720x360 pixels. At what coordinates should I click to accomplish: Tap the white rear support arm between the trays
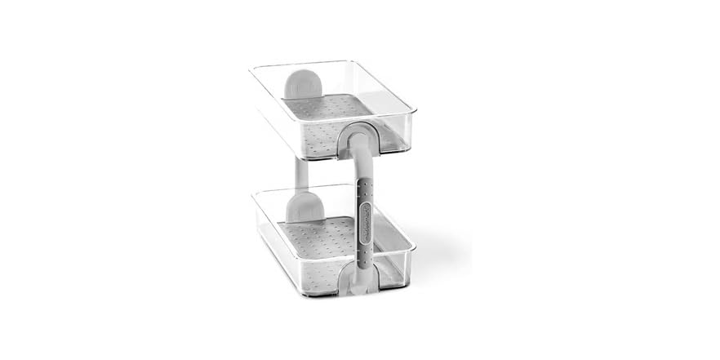[301, 172]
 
